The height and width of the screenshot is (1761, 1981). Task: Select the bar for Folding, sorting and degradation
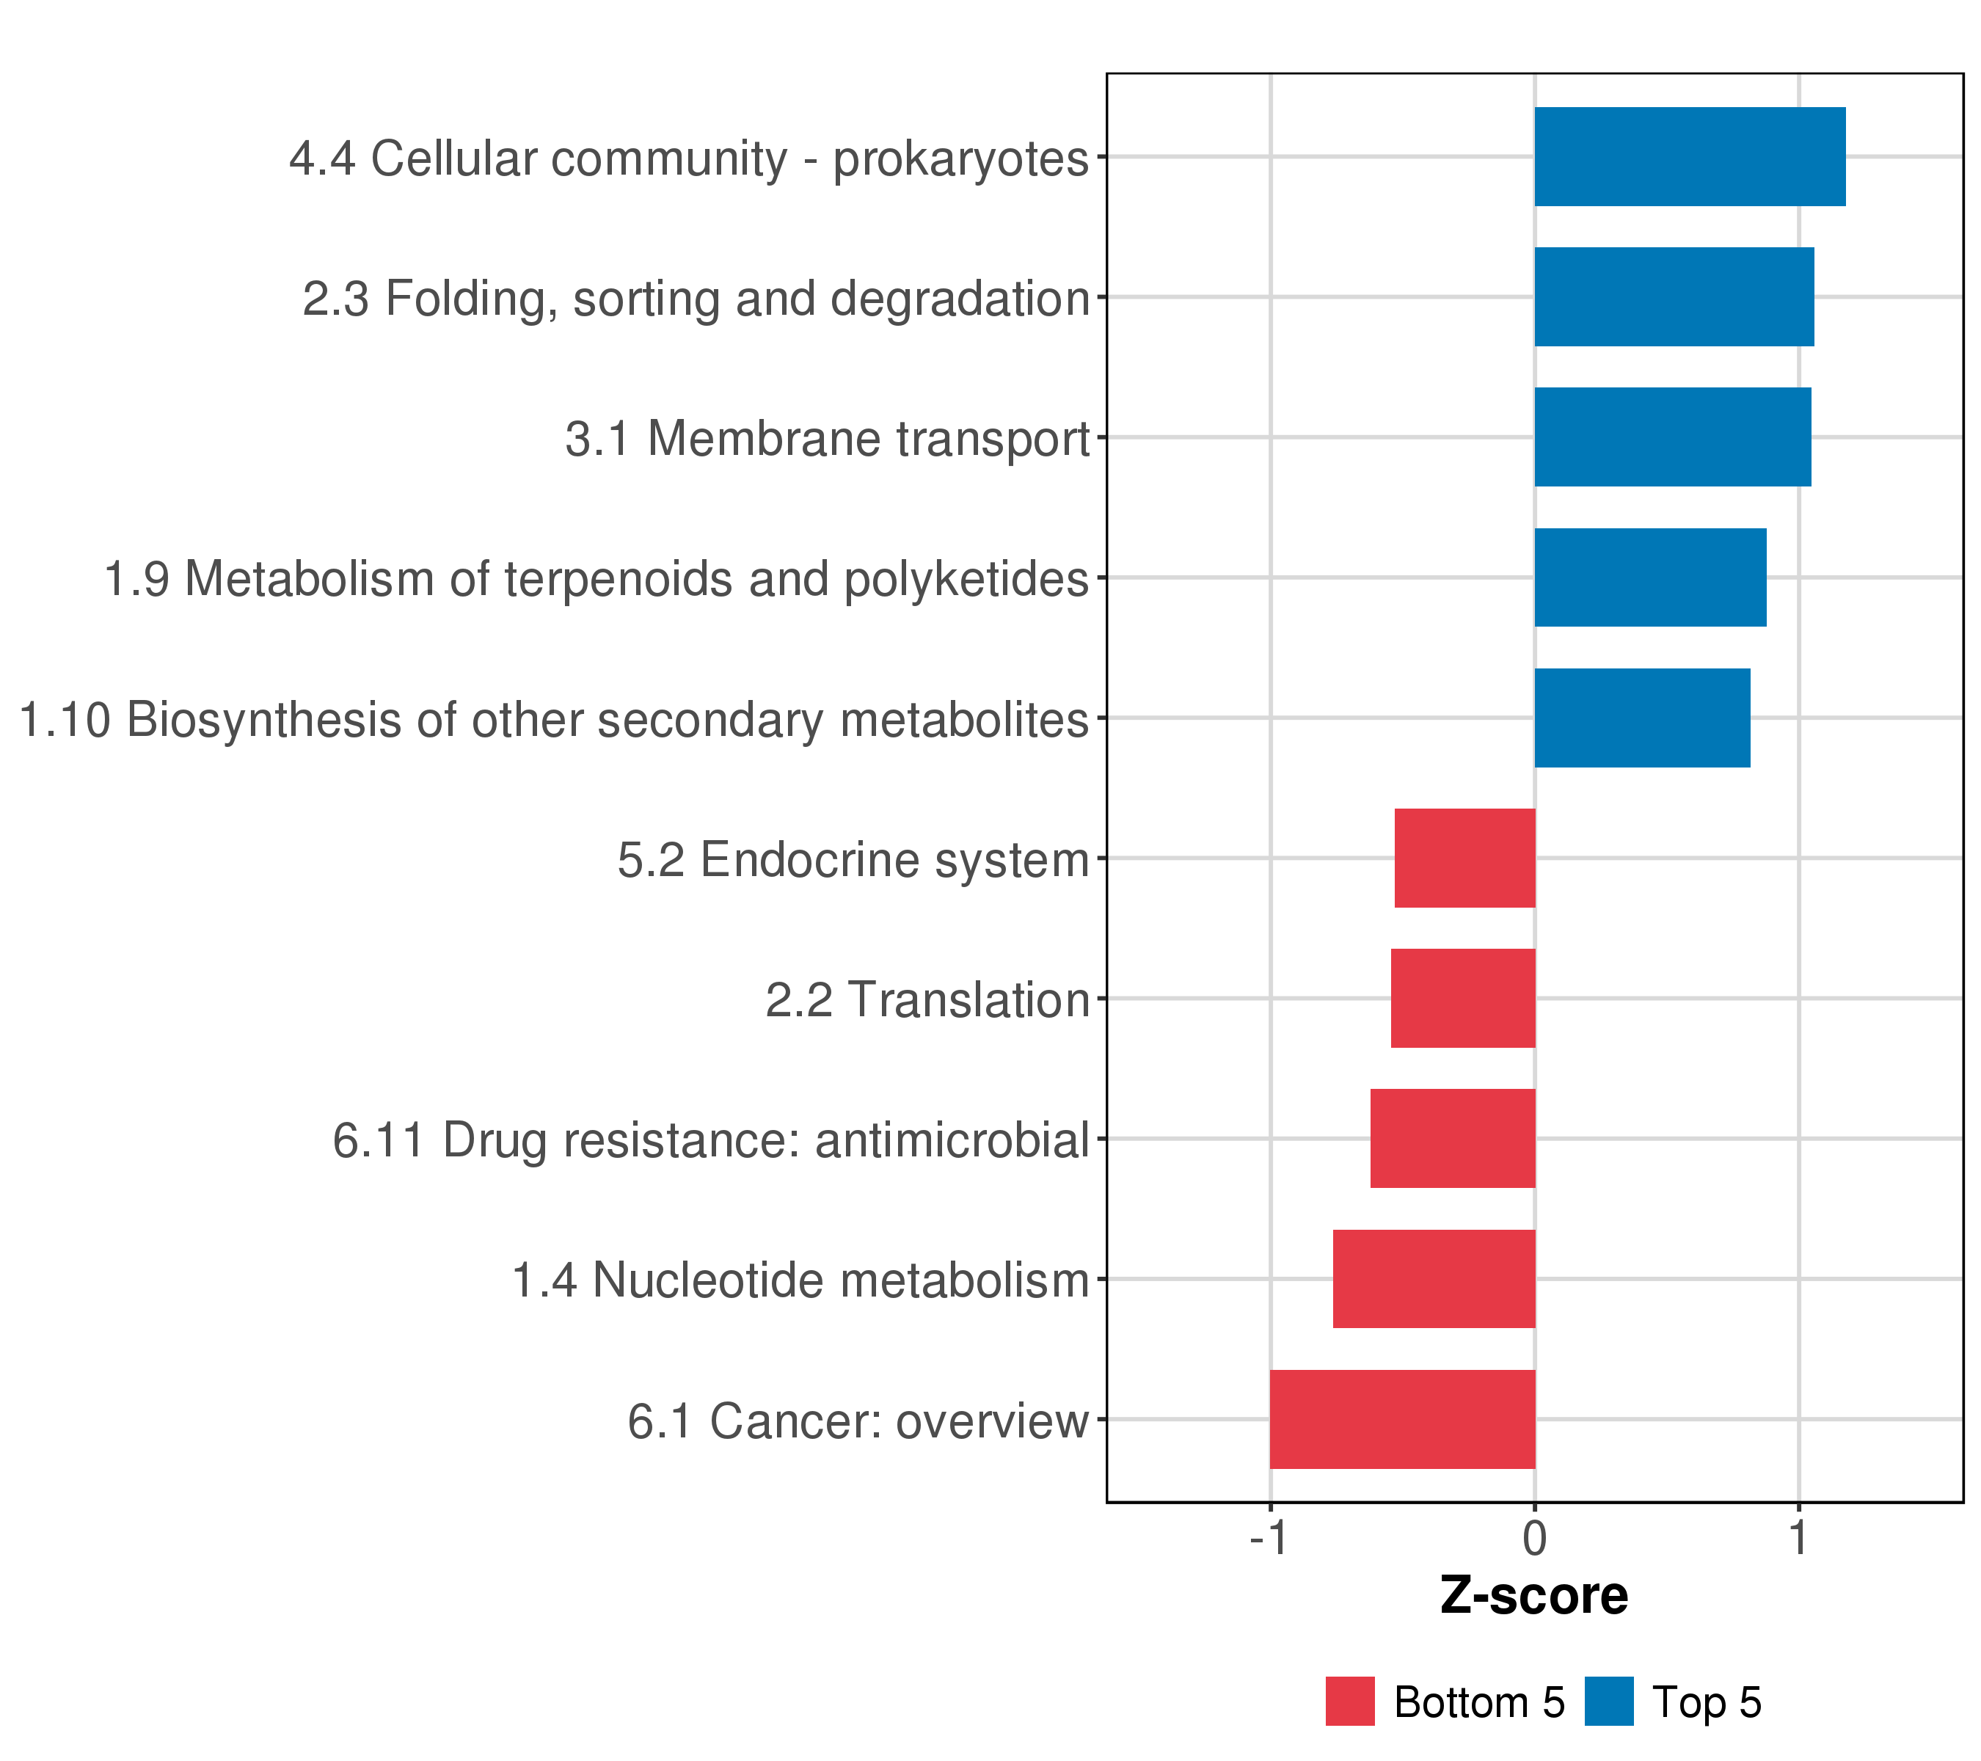(1674, 296)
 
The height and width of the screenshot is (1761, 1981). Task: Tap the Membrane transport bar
(1672, 437)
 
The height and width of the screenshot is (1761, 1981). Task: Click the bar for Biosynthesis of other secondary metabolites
(1642, 718)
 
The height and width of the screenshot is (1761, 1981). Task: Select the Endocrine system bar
(1464, 858)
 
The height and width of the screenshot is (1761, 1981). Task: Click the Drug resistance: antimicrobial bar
(1452, 1139)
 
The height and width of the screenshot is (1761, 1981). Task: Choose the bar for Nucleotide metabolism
(1434, 1280)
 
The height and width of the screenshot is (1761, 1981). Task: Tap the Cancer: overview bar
(1401, 1420)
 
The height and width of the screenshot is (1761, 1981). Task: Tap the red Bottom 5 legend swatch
(1350, 1702)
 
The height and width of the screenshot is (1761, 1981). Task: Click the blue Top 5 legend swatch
(1609, 1702)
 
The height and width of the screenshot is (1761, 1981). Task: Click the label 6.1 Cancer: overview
(858, 1422)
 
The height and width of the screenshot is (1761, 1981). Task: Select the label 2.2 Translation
(927, 1000)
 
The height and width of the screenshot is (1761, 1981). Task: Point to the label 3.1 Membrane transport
(828, 439)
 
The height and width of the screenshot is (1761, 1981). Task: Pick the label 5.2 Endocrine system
(853, 860)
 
